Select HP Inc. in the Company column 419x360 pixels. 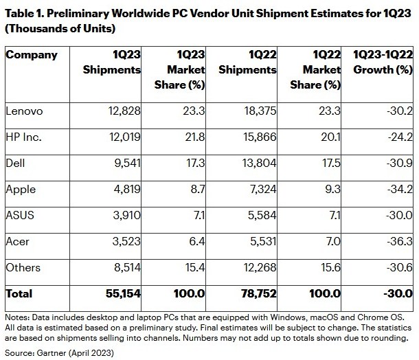coord(24,137)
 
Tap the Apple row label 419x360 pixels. coord(20,189)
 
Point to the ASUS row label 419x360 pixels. coord(19,215)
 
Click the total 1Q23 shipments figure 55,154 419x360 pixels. coord(122,293)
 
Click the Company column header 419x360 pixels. coord(32,55)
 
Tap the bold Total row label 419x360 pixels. coord(19,293)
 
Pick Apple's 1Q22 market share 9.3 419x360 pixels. coord(332,189)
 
